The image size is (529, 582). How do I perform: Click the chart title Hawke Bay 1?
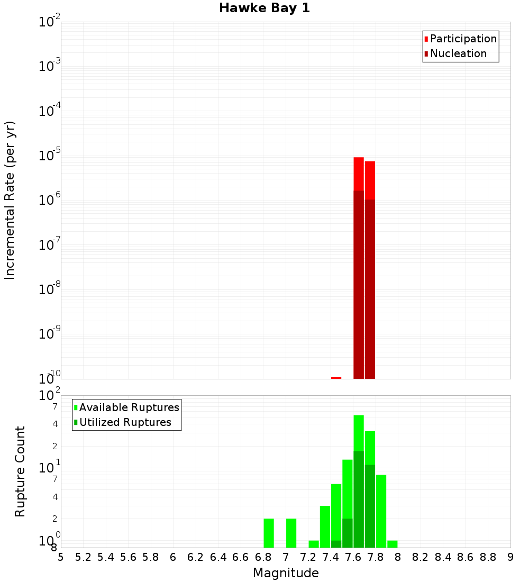point(264,8)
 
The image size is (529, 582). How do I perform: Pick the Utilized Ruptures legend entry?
point(125,422)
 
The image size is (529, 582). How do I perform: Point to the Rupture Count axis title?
point(20,471)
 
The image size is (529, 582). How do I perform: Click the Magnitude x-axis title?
point(286,573)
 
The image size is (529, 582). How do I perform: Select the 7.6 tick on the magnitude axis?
point(353,557)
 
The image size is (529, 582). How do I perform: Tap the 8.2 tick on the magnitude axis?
point(421,557)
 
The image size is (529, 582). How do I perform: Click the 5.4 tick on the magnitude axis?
point(106,557)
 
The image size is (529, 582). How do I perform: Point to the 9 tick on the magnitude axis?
point(510,557)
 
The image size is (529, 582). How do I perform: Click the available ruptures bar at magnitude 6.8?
point(269,533)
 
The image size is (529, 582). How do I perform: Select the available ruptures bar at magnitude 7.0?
point(291,533)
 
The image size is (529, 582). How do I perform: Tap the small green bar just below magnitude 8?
point(392,544)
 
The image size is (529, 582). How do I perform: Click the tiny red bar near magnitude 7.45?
point(336,378)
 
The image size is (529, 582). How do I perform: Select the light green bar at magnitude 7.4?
point(336,511)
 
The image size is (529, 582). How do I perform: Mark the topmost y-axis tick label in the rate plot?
point(50,22)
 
